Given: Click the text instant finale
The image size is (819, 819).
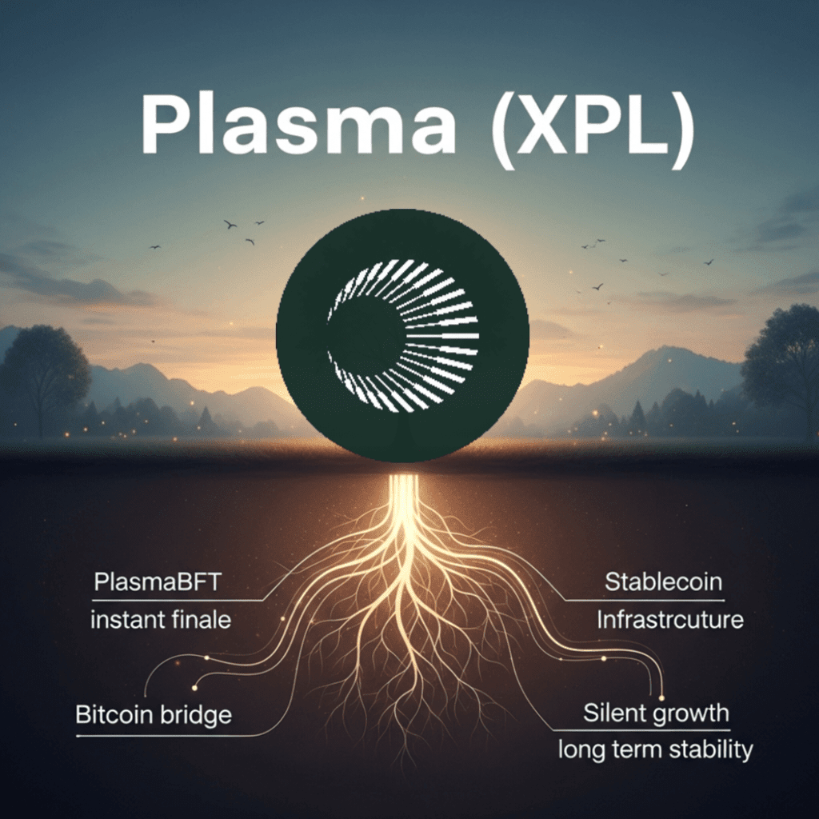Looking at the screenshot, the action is pos(160,620).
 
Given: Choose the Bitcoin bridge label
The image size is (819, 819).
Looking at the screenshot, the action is pos(154,713).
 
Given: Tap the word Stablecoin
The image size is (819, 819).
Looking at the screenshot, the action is pos(663,581).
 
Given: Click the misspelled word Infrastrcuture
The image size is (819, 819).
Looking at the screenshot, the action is pos(670,620).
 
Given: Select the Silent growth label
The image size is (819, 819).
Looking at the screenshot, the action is pos(656,712).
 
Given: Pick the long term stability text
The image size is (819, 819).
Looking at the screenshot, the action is pos(655,749).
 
